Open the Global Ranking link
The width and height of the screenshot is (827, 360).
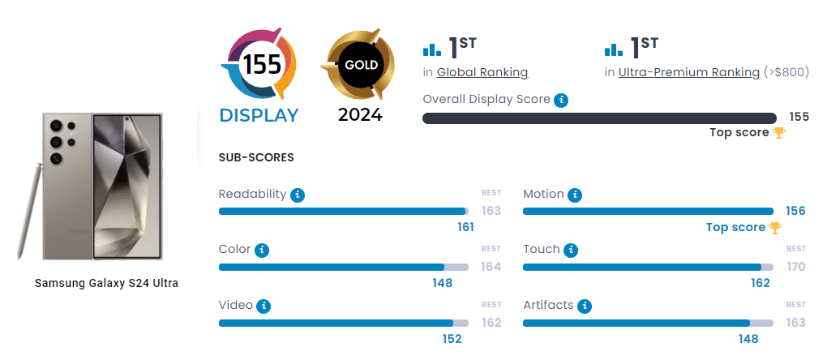coord(482,72)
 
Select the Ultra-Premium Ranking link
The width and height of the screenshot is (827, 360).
coord(689,72)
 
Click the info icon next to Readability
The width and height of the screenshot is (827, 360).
coord(298,195)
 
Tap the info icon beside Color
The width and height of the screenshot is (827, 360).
coord(262,250)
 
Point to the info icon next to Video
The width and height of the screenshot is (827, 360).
coord(264,306)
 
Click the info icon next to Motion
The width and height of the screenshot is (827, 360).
coord(575,195)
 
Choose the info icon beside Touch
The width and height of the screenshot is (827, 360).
coord(571,250)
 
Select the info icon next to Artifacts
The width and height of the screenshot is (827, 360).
coord(585,306)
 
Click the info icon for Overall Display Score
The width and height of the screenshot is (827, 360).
coord(561,100)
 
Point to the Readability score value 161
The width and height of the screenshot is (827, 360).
coord(465,227)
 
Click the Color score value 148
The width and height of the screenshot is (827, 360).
coord(442,283)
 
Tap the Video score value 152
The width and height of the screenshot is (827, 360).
coord(452,339)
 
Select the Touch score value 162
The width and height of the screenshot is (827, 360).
coord(760,283)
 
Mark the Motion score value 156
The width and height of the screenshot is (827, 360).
coord(795,211)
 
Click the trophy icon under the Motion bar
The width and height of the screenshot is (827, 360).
coord(775,228)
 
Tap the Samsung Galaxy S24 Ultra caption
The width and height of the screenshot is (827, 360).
coord(106,283)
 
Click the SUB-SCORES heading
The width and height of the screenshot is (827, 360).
coord(256,157)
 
